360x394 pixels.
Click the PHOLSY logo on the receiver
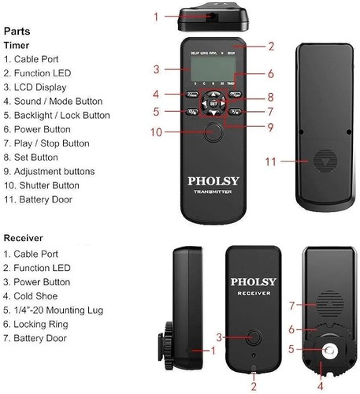[x=252, y=281]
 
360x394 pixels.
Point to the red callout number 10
[x=157, y=131]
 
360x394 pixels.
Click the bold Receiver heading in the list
[x=24, y=238]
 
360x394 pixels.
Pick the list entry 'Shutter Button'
[x=43, y=185]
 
